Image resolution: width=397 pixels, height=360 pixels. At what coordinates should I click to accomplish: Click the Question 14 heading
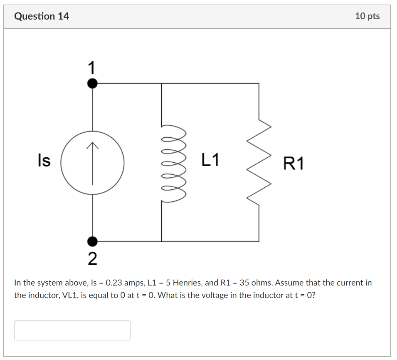point(42,16)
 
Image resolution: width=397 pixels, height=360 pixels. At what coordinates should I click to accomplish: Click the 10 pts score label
point(367,16)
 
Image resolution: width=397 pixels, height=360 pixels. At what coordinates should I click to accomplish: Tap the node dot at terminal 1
point(92,83)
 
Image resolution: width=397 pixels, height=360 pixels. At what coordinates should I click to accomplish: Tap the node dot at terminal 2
point(92,241)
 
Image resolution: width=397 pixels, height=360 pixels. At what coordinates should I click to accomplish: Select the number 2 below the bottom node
point(92,259)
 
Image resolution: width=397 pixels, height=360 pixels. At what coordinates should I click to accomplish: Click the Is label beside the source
point(44,160)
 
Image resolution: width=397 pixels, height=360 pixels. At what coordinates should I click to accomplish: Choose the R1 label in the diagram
point(293,164)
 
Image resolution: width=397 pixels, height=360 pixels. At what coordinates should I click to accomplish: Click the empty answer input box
point(72,330)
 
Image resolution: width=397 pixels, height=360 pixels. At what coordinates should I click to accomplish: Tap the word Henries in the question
point(187,283)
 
